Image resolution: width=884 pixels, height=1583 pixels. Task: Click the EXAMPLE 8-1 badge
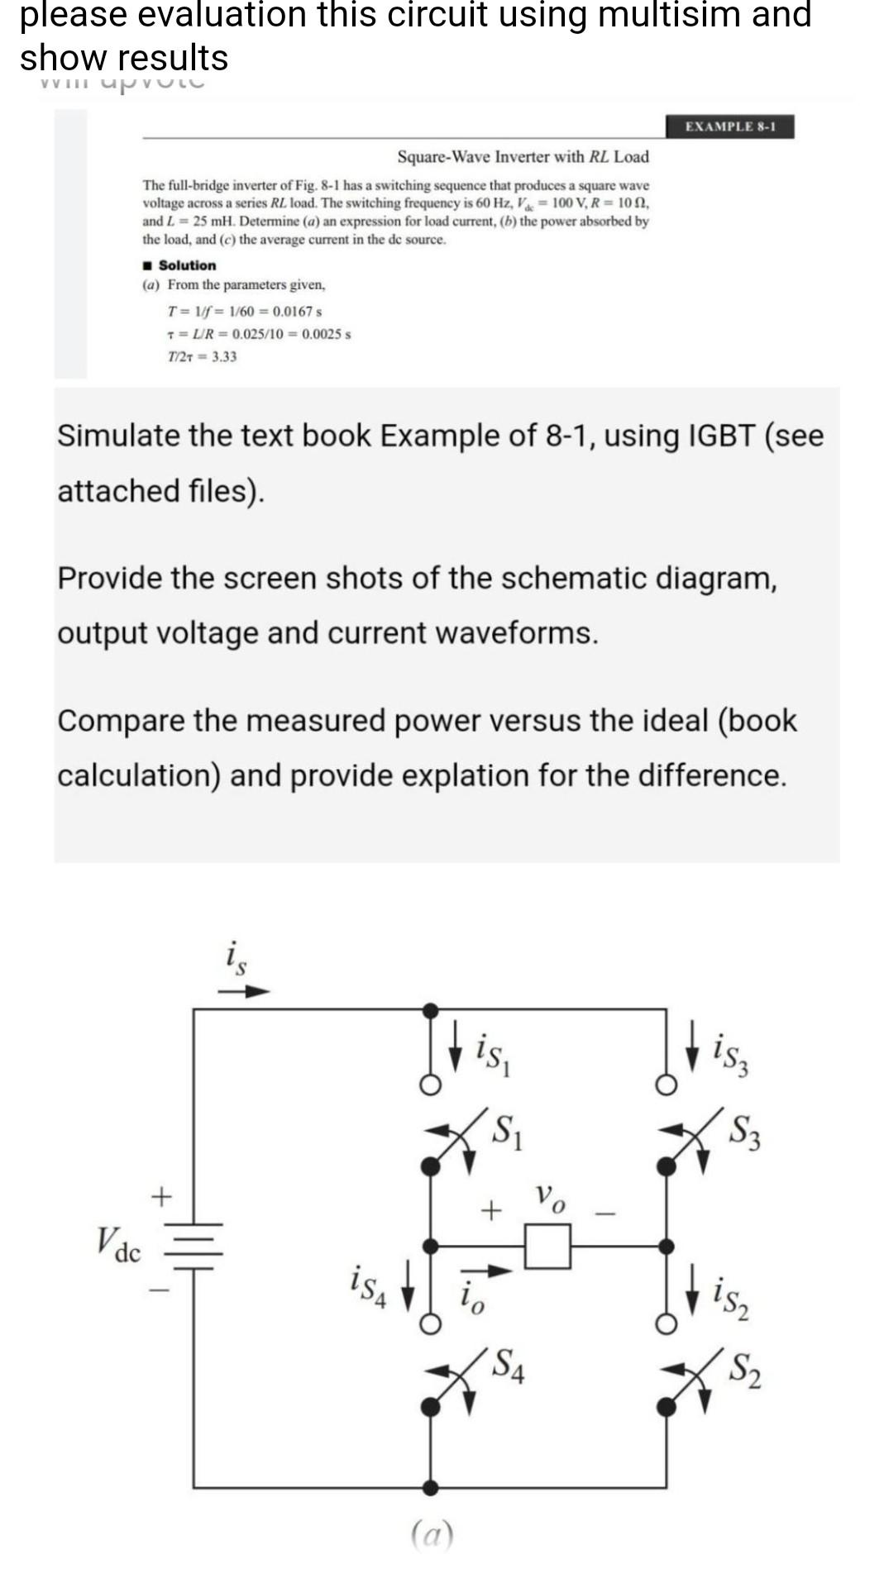pos(729,126)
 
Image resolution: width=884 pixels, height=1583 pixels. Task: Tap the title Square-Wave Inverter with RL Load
pos(523,156)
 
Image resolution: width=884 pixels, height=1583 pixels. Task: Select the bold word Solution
pos(187,265)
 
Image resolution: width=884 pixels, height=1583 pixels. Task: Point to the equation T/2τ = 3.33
pos(202,356)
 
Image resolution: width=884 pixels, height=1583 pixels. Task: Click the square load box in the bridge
pos(547,1246)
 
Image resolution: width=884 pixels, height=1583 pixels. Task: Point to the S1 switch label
pos(507,1130)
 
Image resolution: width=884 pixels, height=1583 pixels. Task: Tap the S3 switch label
pos(746,1132)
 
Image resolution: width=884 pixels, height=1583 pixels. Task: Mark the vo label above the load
pos(550,1195)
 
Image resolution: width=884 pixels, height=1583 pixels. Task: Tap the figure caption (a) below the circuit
pos(432,1536)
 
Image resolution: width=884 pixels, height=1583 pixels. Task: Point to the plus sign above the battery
pos(161,1195)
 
